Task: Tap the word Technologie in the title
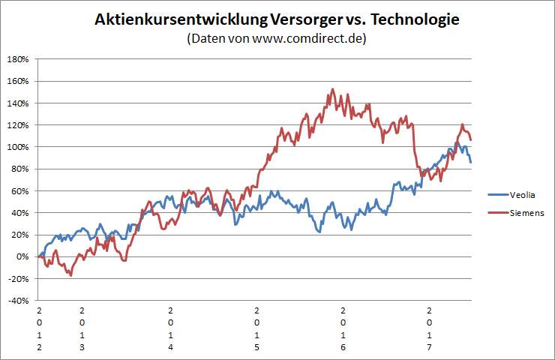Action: [411, 20]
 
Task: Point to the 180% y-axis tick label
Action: [18, 59]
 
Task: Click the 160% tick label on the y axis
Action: [18, 81]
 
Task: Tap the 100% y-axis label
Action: [18, 147]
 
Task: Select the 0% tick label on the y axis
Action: [22, 257]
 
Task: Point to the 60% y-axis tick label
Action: [20, 191]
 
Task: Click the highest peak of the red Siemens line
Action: [331, 89]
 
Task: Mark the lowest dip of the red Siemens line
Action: [71, 275]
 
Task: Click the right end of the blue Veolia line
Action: [470, 162]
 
